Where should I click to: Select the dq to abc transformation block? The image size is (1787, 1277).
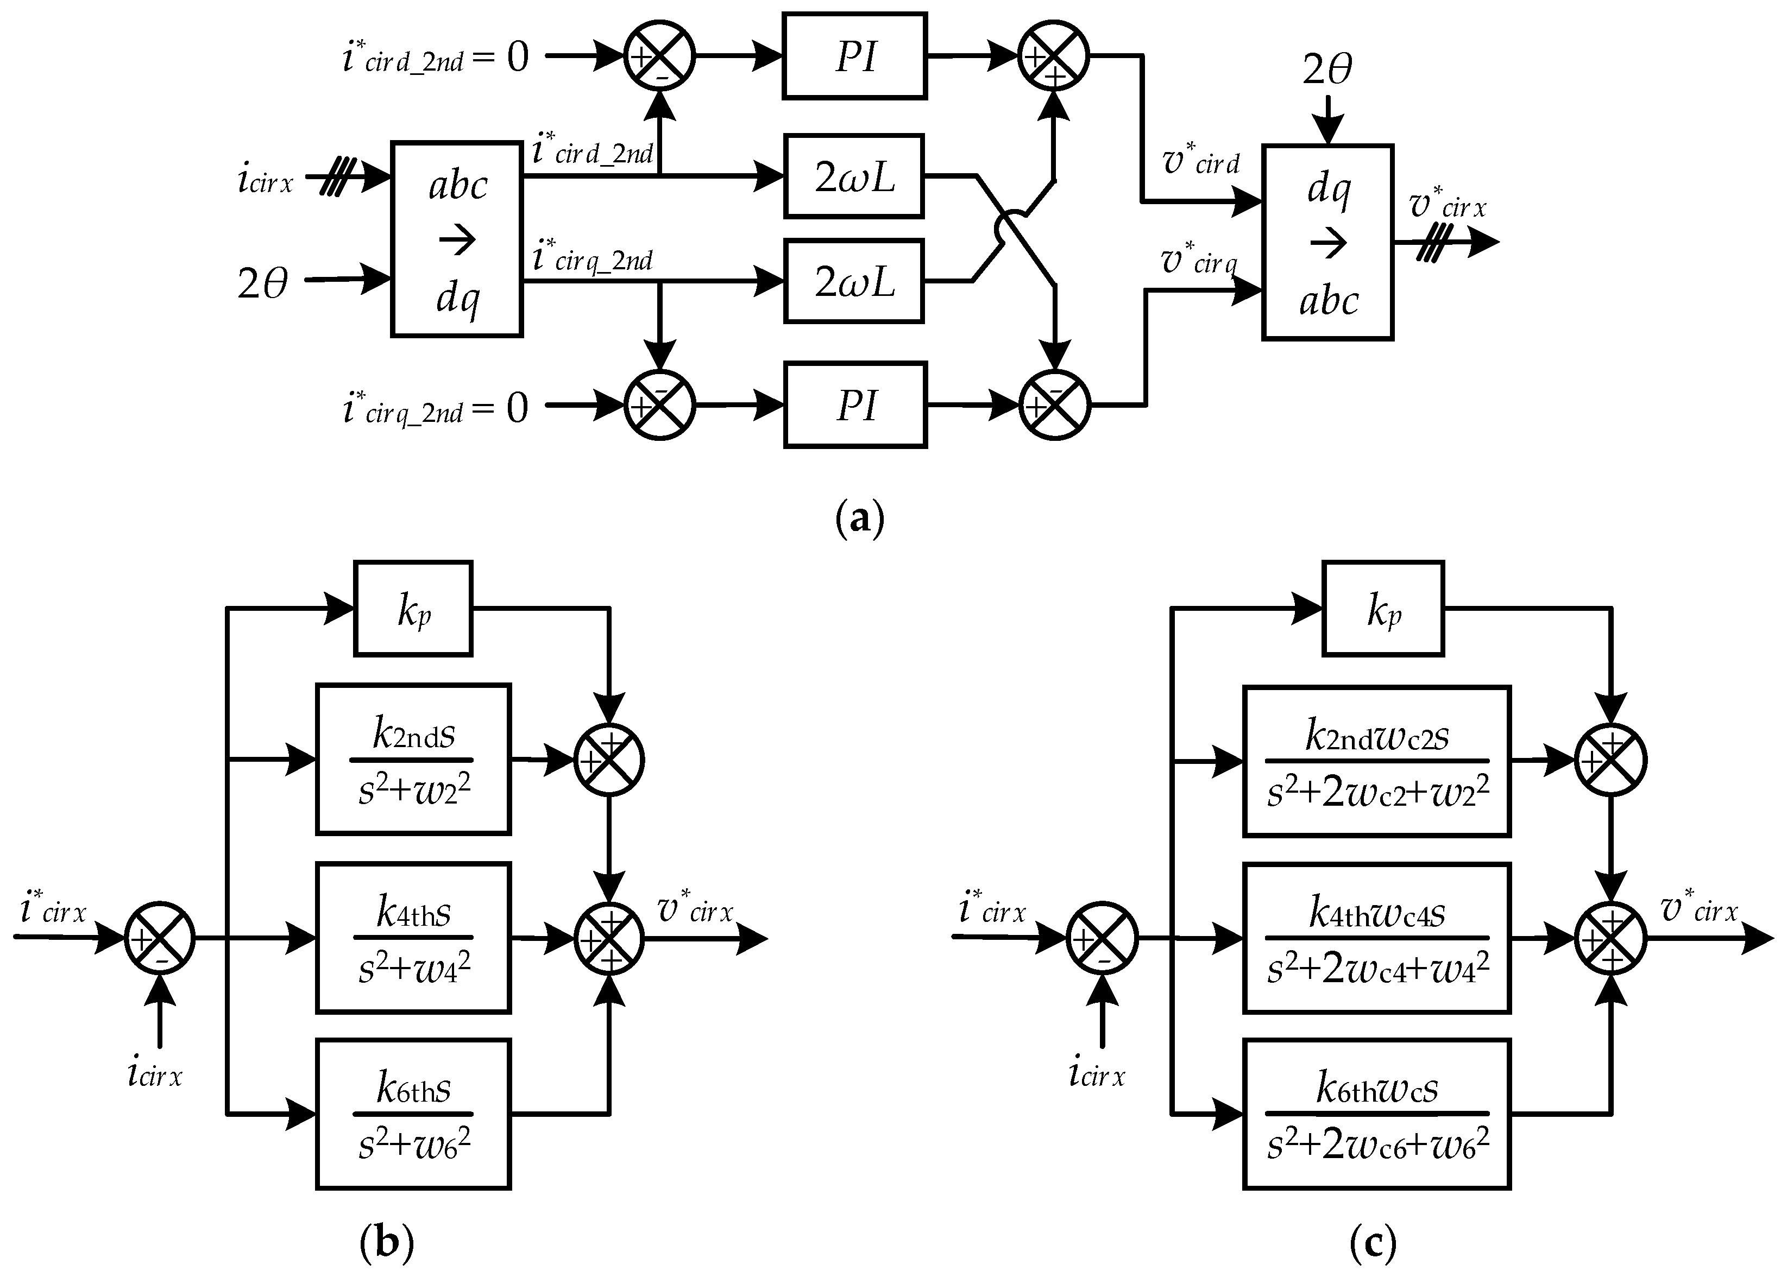coord(1327,242)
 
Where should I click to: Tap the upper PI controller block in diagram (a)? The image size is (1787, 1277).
coord(854,56)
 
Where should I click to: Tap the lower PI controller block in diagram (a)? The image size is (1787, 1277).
coord(854,405)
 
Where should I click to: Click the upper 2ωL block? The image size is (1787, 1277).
coord(853,176)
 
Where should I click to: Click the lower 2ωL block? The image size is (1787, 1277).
coord(853,281)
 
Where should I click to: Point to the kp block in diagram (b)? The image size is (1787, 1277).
coord(413,608)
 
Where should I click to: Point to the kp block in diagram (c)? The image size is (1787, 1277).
coord(1383,608)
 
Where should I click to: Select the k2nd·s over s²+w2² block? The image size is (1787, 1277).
coord(413,760)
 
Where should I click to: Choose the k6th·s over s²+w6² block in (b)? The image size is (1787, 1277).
coord(413,1114)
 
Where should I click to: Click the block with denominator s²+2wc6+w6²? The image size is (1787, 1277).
coord(1376,1114)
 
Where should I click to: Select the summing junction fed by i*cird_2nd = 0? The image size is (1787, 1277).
coord(659,56)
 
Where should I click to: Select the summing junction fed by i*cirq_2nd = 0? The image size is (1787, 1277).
coord(659,405)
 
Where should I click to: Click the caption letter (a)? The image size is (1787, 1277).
coord(860,519)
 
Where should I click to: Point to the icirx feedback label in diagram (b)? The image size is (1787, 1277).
coord(155,1073)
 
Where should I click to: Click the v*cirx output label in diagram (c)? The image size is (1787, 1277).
coord(1699,908)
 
